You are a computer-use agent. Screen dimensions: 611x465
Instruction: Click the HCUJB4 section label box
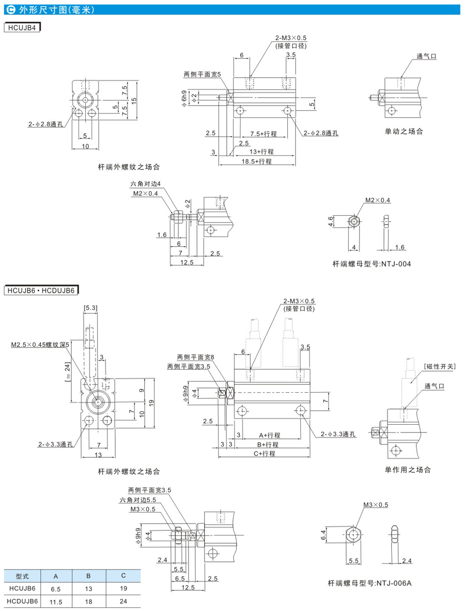pyautogui.click(x=22, y=27)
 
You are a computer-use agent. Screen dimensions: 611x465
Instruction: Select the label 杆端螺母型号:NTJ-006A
pyautogui.click(x=369, y=583)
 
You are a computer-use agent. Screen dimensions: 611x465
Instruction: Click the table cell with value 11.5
pyautogui.click(x=55, y=601)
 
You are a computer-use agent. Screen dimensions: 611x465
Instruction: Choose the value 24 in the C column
pyautogui.click(x=123, y=601)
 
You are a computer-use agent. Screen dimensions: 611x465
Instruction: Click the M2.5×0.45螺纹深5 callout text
pyautogui.click(x=40, y=344)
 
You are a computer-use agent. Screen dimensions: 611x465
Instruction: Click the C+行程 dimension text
pyautogui.click(x=265, y=453)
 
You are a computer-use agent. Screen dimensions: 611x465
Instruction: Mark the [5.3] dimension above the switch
pyautogui.click(x=90, y=308)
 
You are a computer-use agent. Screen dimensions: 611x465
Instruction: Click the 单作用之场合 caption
pyautogui.click(x=407, y=470)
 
